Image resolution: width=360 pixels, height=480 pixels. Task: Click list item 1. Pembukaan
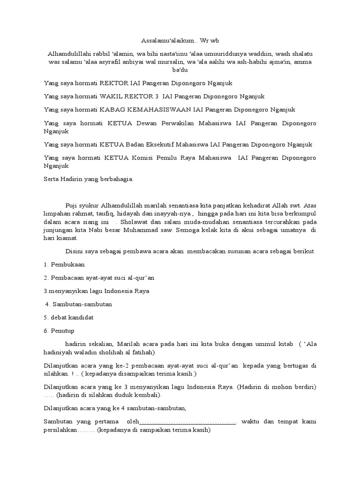tap(64, 265)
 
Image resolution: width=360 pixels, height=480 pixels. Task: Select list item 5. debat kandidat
tap(68, 317)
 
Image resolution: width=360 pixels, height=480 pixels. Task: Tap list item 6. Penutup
tap(60, 330)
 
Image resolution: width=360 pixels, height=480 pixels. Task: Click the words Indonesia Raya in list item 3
tap(128, 291)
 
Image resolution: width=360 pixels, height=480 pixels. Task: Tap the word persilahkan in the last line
tap(60, 430)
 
